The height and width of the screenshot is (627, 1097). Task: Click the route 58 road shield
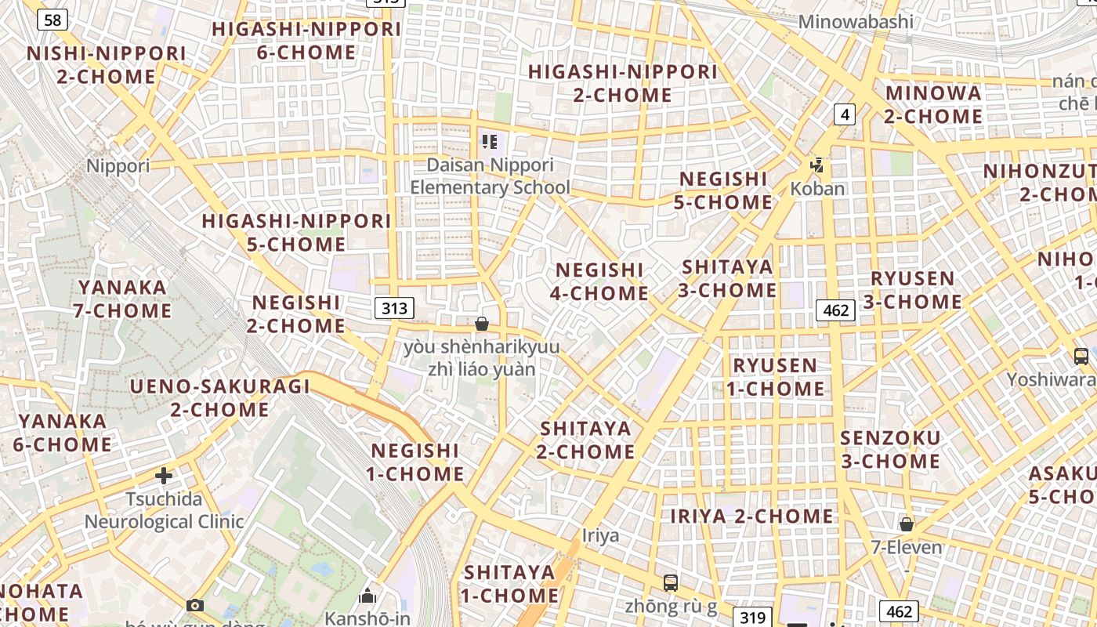[x=52, y=20]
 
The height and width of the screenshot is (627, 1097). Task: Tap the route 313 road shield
[x=393, y=308]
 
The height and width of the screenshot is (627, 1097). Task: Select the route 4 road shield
[x=843, y=114]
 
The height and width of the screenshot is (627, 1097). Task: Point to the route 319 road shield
[x=752, y=617]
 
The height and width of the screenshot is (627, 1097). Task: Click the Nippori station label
[x=118, y=166]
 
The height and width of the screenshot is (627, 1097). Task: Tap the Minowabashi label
[x=856, y=21]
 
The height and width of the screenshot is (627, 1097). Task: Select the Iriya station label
[x=600, y=536]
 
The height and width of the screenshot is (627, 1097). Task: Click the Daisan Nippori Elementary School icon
[x=490, y=142]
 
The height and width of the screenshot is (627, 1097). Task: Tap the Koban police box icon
[x=817, y=165]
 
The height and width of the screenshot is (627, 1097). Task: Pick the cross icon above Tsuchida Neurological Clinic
[x=164, y=476]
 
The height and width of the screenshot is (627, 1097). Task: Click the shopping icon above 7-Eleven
[x=907, y=524]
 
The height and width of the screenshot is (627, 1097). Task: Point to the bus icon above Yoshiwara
[x=1081, y=357]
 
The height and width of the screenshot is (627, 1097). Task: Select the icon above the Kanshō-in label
[x=367, y=596]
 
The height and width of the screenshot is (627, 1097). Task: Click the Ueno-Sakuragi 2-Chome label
[x=220, y=397]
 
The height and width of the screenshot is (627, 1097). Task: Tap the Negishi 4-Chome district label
[x=599, y=281]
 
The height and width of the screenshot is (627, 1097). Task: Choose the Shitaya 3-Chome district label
[x=727, y=278]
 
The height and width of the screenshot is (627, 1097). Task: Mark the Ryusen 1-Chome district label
[x=775, y=377]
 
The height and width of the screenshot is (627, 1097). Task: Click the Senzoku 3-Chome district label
[x=890, y=449]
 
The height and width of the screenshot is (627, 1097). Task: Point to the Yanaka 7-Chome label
[x=123, y=299]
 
